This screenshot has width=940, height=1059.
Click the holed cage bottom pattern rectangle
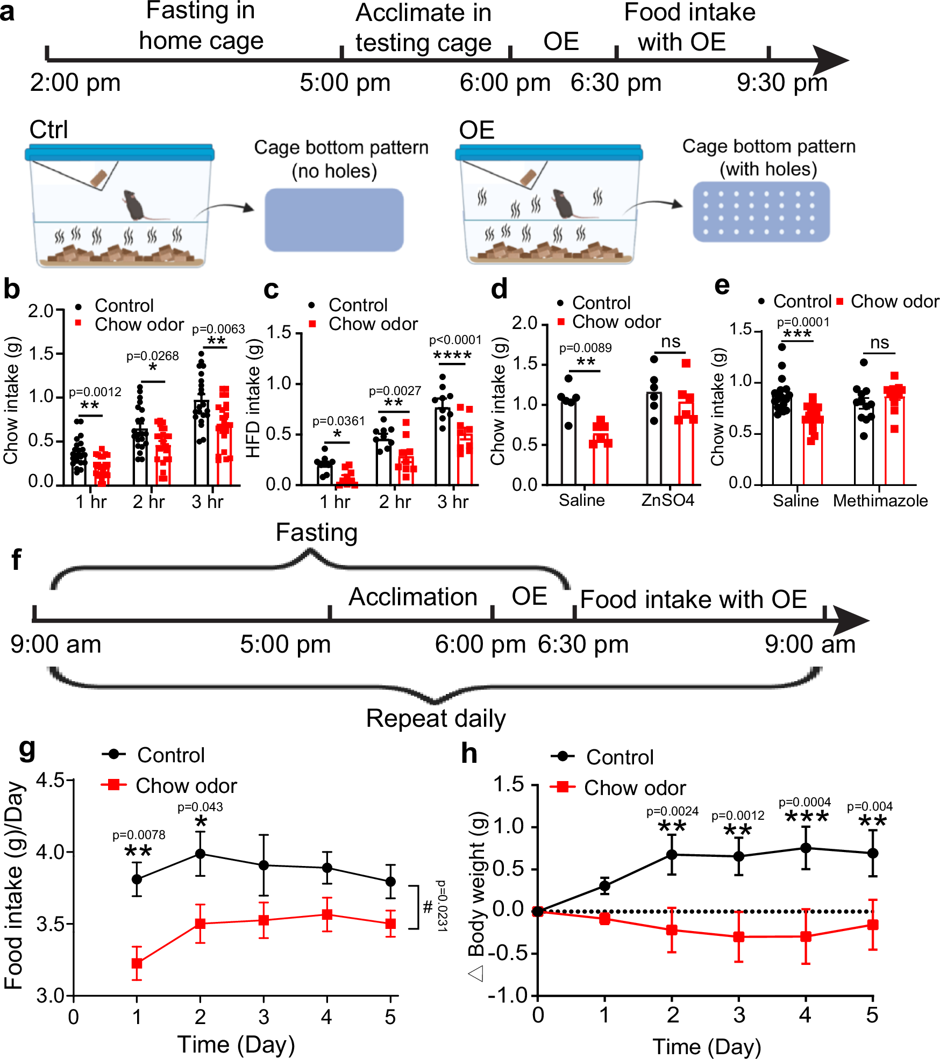(x=761, y=212)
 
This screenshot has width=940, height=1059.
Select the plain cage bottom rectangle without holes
(x=334, y=220)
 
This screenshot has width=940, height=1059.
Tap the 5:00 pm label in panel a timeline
(x=345, y=83)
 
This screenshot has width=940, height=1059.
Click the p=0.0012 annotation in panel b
(x=95, y=392)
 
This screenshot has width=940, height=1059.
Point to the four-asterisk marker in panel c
(x=452, y=356)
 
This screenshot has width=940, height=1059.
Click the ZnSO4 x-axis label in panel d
(x=667, y=500)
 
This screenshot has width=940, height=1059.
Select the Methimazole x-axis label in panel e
(x=880, y=501)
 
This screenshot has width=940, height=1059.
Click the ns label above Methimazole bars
(x=879, y=342)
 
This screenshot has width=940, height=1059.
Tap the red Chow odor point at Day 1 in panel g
(x=137, y=963)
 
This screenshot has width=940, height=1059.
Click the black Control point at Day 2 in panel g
(x=200, y=853)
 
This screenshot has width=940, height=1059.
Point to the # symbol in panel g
(x=428, y=907)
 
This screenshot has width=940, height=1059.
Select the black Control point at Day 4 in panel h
(x=806, y=848)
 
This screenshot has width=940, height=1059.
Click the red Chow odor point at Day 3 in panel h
(x=739, y=936)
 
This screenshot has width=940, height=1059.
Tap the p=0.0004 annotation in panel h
(x=804, y=802)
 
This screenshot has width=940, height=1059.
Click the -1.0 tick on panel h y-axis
(x=508, y=996)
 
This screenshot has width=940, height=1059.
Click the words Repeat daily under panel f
(x=436, y=718)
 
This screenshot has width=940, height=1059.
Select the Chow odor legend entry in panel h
(x=635, y=788)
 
